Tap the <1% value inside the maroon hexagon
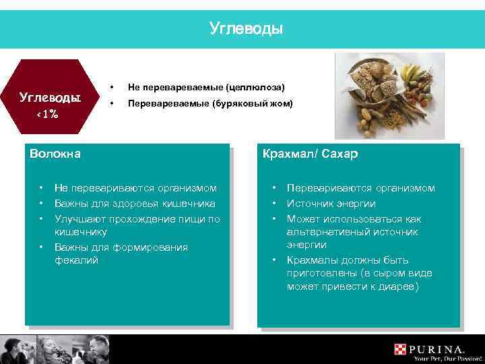click(x=46, y=114)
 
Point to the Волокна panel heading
click(x=55, y=154)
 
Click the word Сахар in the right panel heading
click(x=340, y=154)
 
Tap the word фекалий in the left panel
click(x=76, y=260)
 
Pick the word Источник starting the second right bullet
click(x=310, y=203)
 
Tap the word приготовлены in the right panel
click(x=321, y=273)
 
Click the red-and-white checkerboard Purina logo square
click(x=401, y=350)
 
